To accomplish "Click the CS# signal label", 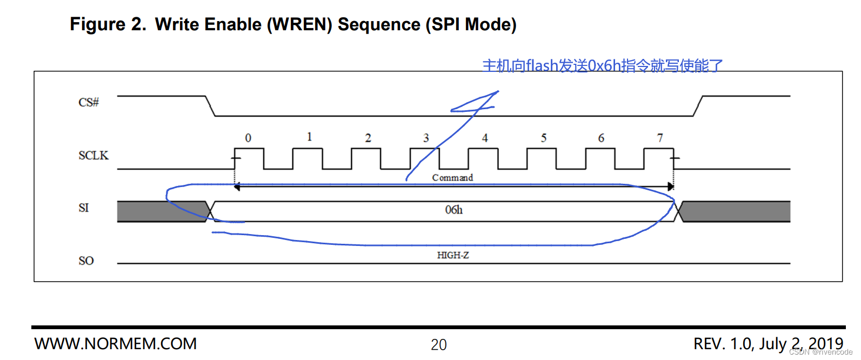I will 89,102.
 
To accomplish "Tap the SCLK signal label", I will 93,156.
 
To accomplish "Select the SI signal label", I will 83,208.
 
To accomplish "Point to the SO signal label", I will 86,261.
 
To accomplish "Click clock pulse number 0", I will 248,138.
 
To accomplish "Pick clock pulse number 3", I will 426,138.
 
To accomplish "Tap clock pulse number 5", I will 544,138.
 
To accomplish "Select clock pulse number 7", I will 660,138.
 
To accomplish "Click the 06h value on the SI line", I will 453,210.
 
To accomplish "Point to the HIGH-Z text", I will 453,255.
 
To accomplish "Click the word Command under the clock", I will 452,178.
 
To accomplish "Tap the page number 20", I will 439,345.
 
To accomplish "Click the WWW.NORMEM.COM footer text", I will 116,344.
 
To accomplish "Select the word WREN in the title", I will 299,24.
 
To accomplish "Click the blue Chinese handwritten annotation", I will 602,66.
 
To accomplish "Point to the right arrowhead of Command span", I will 671,186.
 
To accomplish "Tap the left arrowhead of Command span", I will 237,186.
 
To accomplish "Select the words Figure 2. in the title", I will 108,24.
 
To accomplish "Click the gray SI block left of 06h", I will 161,211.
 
